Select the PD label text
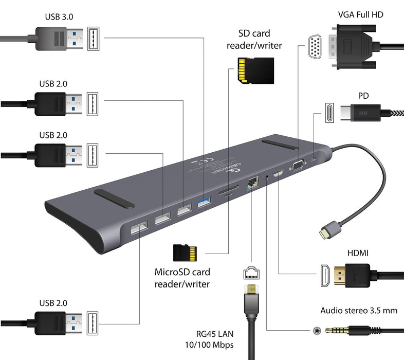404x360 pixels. coord(363,96)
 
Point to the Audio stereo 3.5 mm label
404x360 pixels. coord(359,310)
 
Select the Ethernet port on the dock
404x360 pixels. coord(253,183)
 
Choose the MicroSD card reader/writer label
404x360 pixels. coord(182,278)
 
